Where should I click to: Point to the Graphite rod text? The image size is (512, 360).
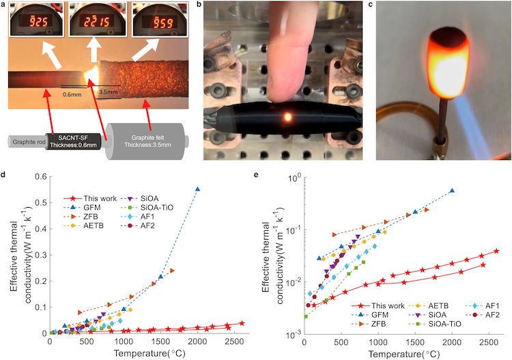[x=27, y=143]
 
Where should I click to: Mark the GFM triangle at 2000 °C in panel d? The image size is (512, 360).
[x=198, y=189]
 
